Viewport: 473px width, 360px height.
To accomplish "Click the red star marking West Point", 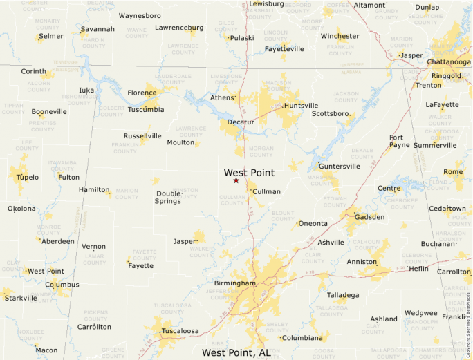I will [x=236, y=180].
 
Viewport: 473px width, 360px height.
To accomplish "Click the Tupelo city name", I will [x=24, y=178].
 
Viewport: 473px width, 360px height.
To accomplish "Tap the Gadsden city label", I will [x=369, y=217].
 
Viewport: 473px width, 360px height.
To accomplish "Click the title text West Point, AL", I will [x=236, y=352].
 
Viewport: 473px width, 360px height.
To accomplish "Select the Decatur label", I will [x=241, y=122].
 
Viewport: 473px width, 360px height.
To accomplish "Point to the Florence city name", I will [x=142, y=93].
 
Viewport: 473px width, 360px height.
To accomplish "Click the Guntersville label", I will [x=339, y=167].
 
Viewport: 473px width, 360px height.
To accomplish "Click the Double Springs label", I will [x=168, y=198].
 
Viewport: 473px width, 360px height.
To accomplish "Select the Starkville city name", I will [x=21, y=298].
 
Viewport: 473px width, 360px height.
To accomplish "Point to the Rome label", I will [x=453, y=172].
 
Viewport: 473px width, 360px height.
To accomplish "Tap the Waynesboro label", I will [x=140, y=15].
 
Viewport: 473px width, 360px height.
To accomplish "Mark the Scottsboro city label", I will [x=330, y=113].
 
